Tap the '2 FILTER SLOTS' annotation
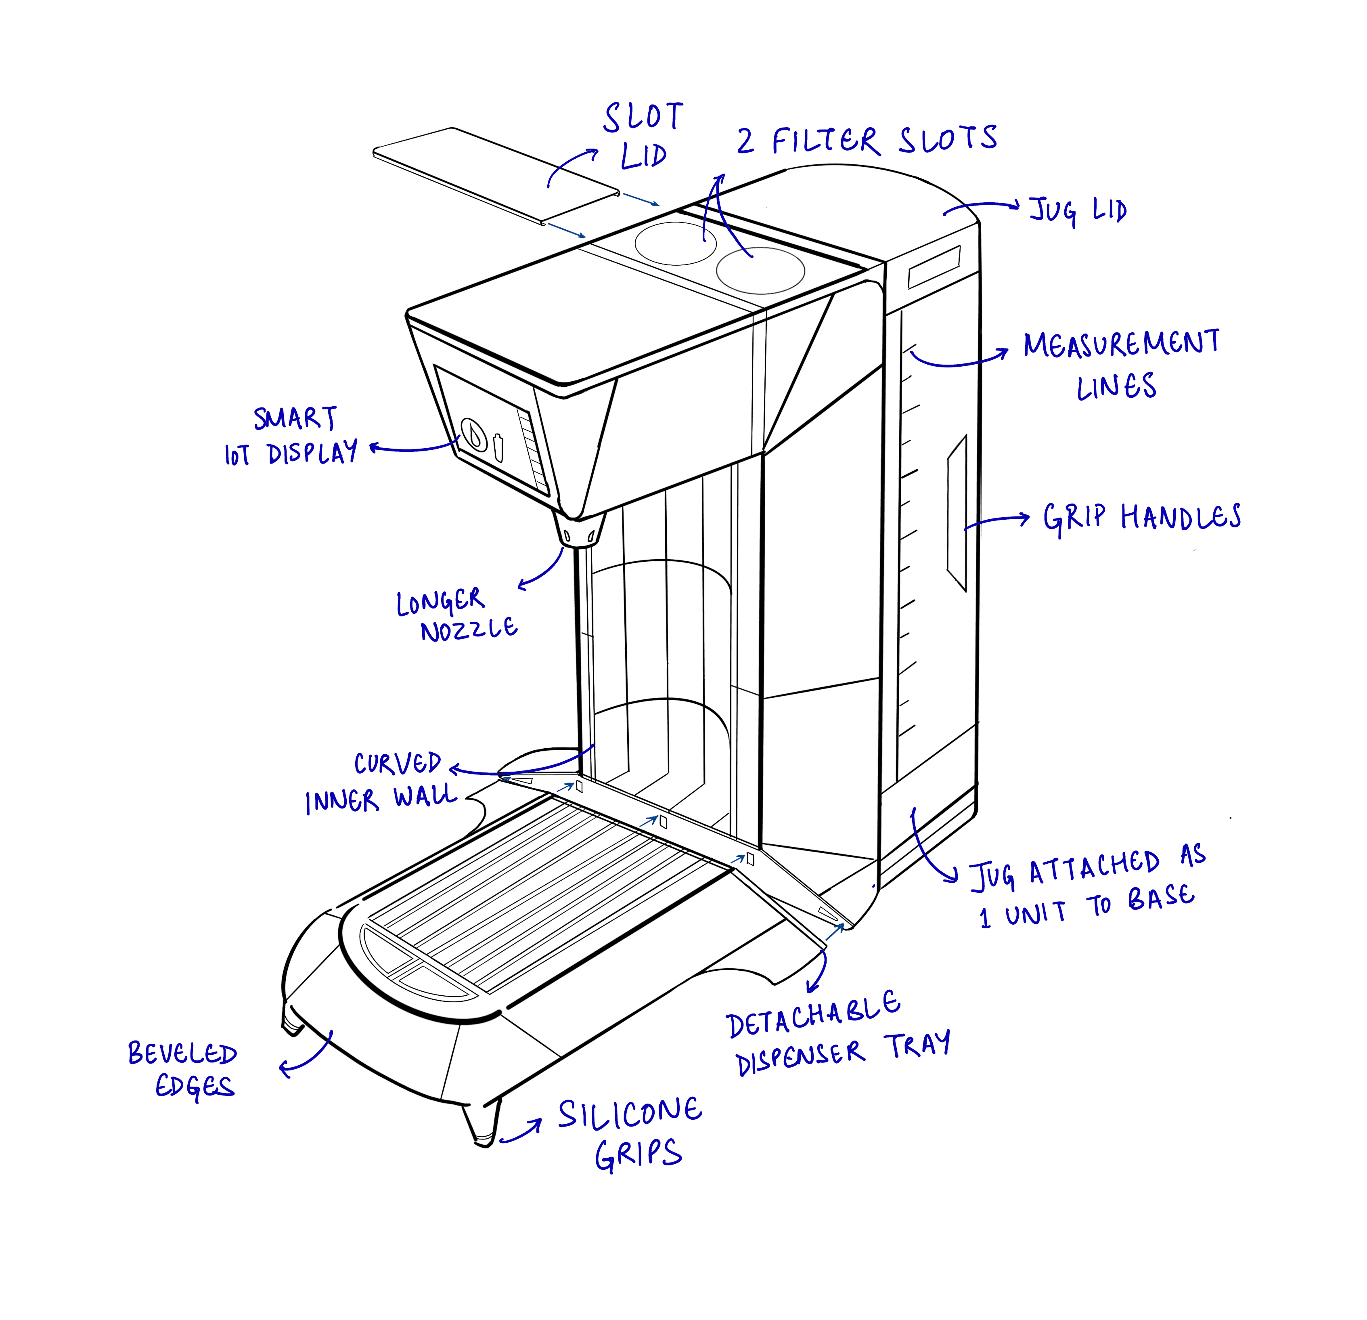[867, 140]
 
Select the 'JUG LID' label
[1078, 209]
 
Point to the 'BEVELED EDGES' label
[183, 1071]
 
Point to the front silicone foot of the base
[484, 1124]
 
